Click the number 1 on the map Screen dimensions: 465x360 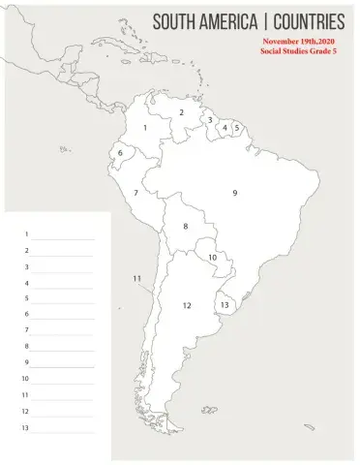point(145,127)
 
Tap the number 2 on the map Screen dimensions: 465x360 point(181,112)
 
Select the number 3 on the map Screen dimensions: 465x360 point(210,120)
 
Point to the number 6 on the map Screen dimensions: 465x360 point(120,153)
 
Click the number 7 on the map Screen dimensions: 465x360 point(135,193)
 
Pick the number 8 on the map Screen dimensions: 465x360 point(186,226)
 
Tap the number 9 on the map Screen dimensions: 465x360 point(234,193)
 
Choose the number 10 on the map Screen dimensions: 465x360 point(212,257)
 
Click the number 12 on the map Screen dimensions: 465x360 point(187,305)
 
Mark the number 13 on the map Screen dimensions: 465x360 point(225,304)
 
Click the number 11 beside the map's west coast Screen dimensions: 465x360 point(137,278)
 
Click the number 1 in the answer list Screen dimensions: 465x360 point(26,234)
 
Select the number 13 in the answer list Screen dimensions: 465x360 point(26,427)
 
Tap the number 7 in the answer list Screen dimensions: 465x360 point(26,330)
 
